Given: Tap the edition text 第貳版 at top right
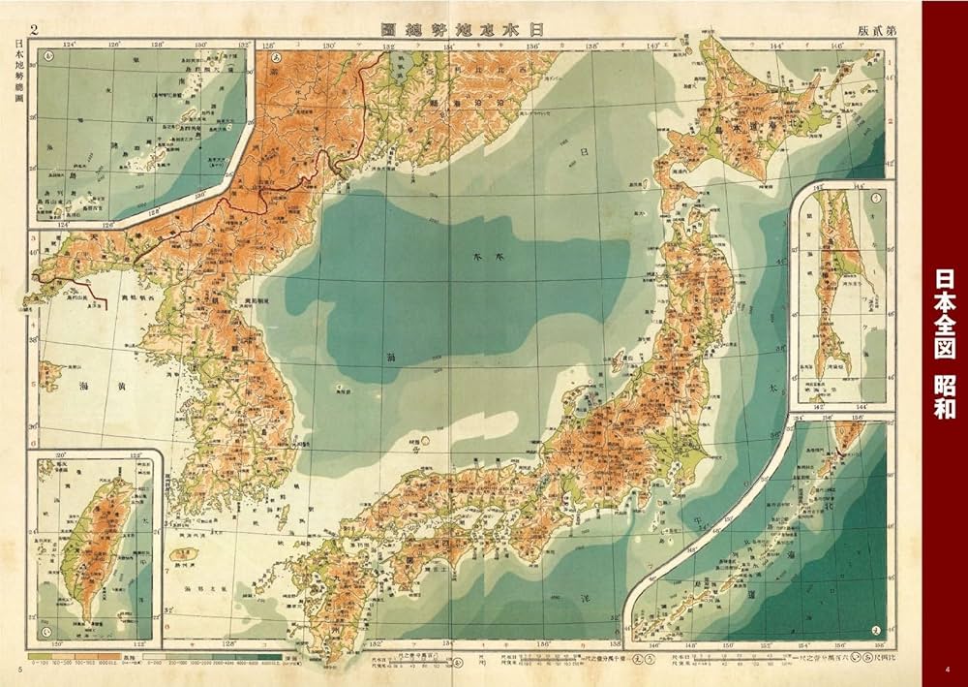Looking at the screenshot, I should (876, 29).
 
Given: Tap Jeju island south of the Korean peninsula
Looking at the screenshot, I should (181, 556).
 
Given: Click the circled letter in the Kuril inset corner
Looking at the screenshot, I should (876, 628).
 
